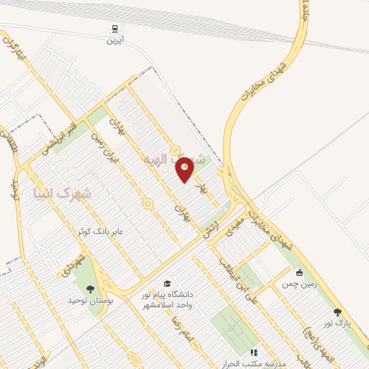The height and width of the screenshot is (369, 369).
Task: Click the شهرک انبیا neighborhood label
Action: pyautogui.click(x=63, y=193)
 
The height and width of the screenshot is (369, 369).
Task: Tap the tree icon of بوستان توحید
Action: pyautogui.click(x=90, y=289)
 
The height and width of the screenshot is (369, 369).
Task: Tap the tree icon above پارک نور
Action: pyautogui.click(x=337, y=312)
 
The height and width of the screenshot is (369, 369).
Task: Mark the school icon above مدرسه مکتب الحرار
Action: pyautogui.click(x=253, y=352)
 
